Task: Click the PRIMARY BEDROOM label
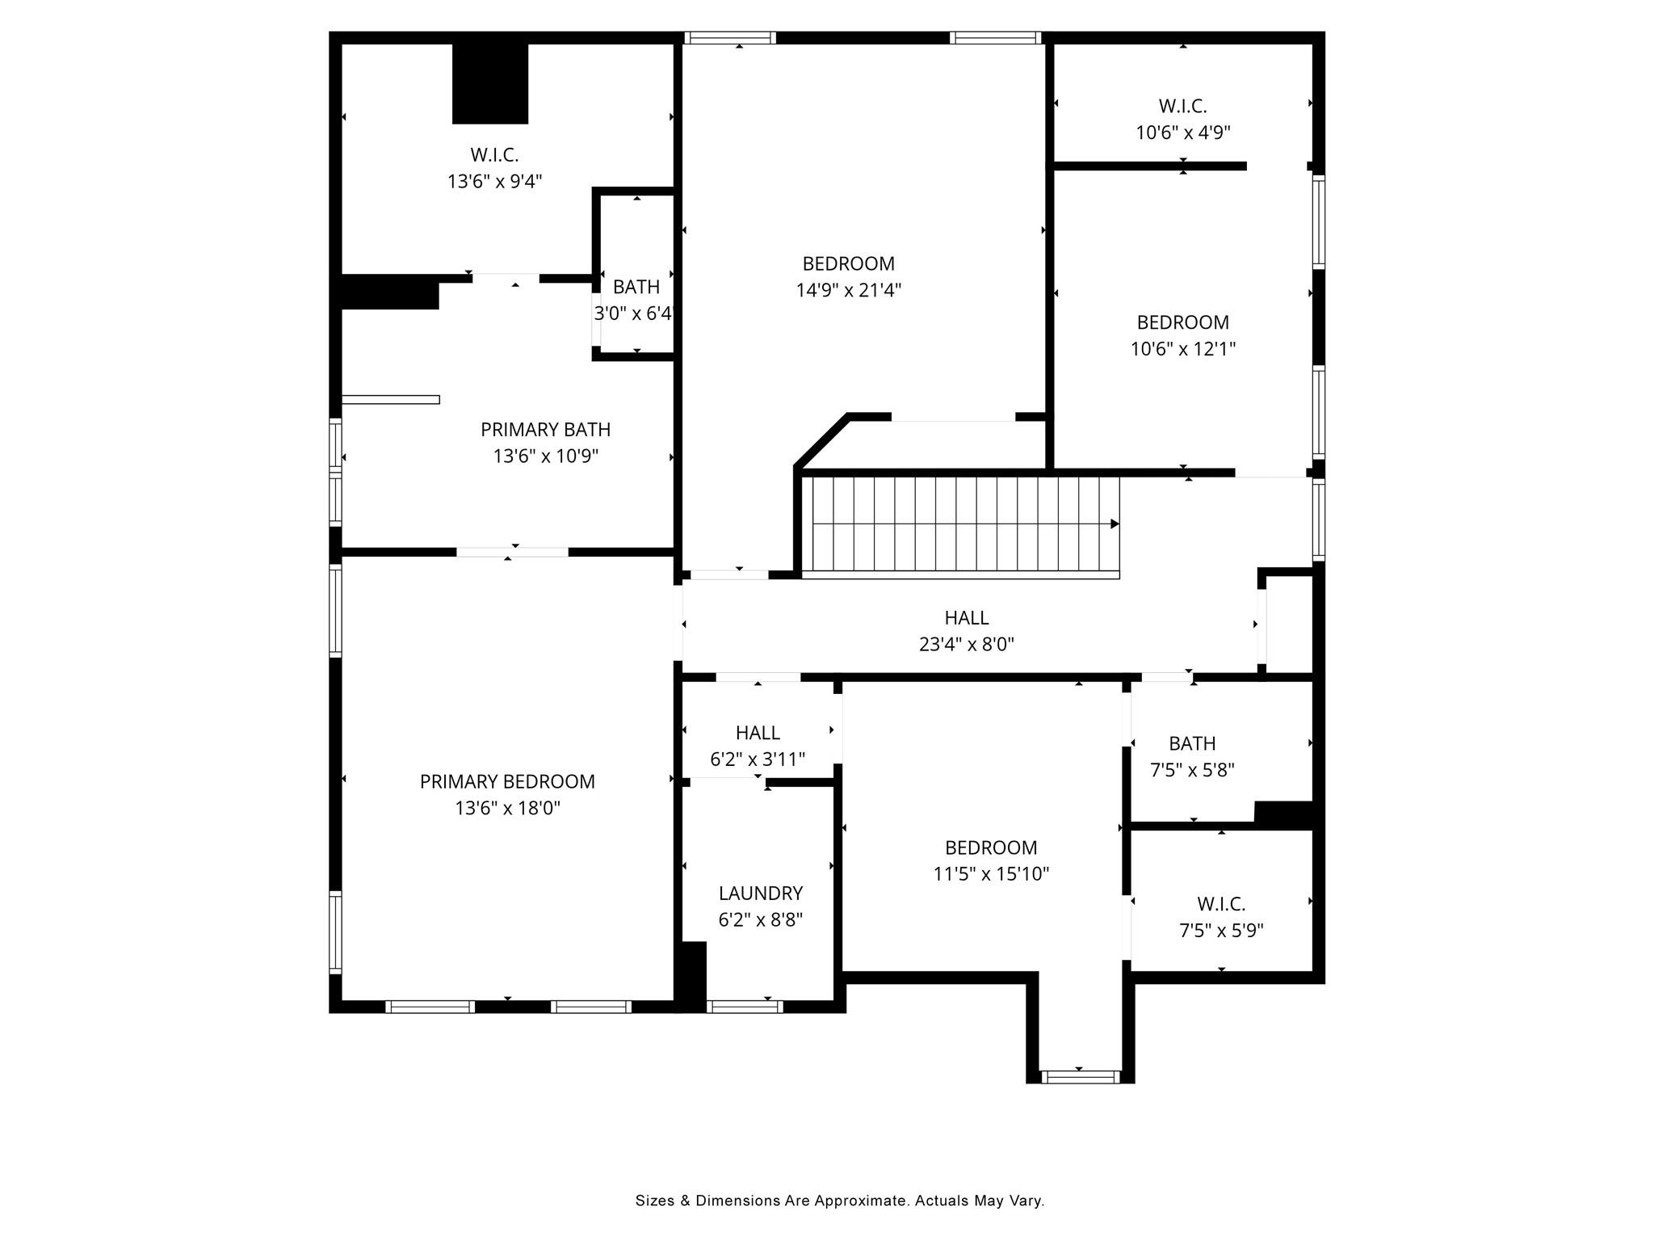point(507,781)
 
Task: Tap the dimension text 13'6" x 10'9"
point(545,456)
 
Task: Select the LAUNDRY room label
point(760,893)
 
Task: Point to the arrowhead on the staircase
point(1115,524)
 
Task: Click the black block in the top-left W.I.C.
point(489,83)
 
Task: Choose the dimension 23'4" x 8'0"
point(966,645)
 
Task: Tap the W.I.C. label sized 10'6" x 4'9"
point(1182,106)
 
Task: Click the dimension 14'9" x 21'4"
point(848,290)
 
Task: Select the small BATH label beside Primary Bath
point(636,287)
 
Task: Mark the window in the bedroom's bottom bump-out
point(1080,1076)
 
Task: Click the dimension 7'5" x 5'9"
point(1221,931)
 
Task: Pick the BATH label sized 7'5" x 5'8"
point(1192,743)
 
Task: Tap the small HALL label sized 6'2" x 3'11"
point(758,733)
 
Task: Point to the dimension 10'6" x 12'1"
point(1182,349)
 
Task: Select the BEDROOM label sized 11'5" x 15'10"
point(991,848)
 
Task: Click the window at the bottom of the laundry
point(745,1007)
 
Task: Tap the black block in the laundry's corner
point(691,974)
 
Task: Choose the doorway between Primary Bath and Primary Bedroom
point(512,553)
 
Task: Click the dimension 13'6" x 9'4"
point(494,182)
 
